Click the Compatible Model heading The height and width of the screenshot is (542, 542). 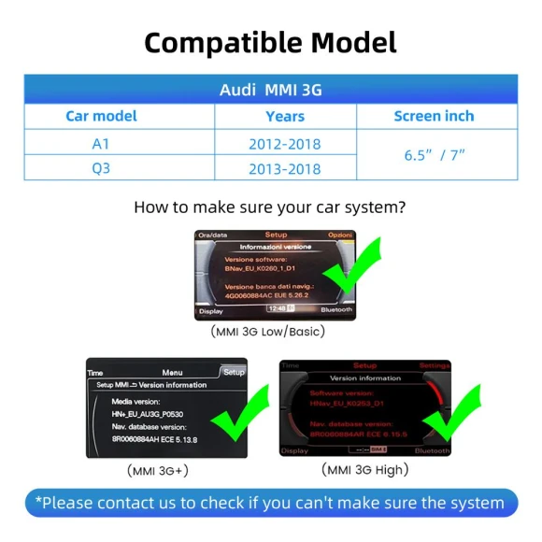[x=270, y=42]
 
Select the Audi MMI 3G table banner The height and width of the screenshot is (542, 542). [x=270, y=91]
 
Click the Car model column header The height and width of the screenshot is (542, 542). [x=101, y=116]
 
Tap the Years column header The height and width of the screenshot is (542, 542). [x=285, y=116]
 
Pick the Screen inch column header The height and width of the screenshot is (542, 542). [x=434, y=116]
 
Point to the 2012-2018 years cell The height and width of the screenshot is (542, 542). [x=285, y=144]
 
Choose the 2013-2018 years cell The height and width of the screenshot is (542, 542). [x=285, y=169]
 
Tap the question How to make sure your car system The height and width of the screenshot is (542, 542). [x=270, y=207]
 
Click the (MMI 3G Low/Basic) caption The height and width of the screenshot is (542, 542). [x=268, y=331]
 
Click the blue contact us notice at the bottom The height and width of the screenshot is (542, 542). [x=270, y=503]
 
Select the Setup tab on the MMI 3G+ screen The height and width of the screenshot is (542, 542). [x=233, y=371]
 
